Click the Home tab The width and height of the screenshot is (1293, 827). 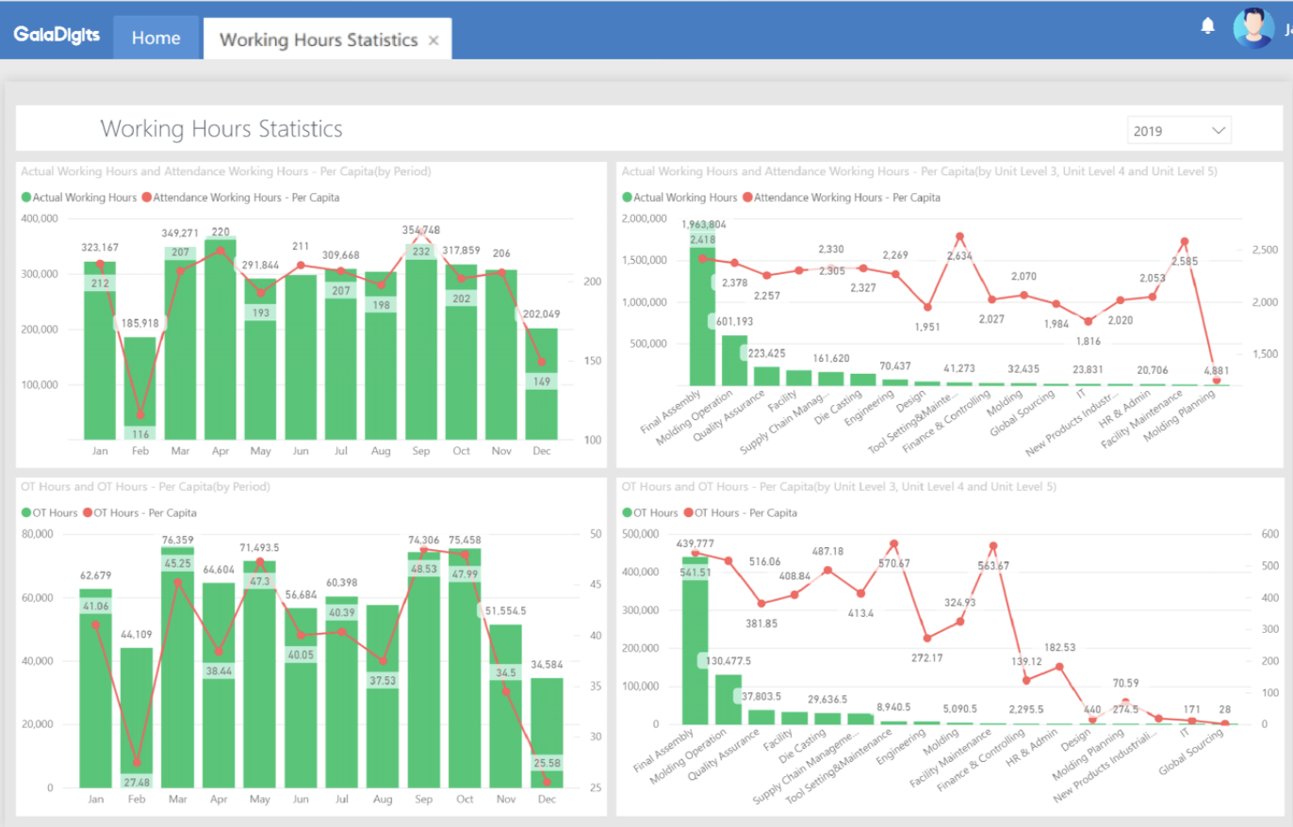[155, 39]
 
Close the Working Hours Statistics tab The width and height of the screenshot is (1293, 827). [434, 41]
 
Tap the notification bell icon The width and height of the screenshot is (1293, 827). [1207, 26]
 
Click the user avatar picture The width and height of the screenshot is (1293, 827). [1252, 27]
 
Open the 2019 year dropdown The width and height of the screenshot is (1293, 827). [1179, 130]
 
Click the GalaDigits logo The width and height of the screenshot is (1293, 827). [57, 37]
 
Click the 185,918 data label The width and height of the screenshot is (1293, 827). [140, 322]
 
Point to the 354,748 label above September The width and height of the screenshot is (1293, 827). [420, 230]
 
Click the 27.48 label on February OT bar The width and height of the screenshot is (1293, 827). [137, 781]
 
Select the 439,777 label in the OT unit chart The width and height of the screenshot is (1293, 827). [695, 543]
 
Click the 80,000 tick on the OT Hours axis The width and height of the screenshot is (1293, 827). [39, 534]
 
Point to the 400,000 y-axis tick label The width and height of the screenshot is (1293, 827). [39, 219]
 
